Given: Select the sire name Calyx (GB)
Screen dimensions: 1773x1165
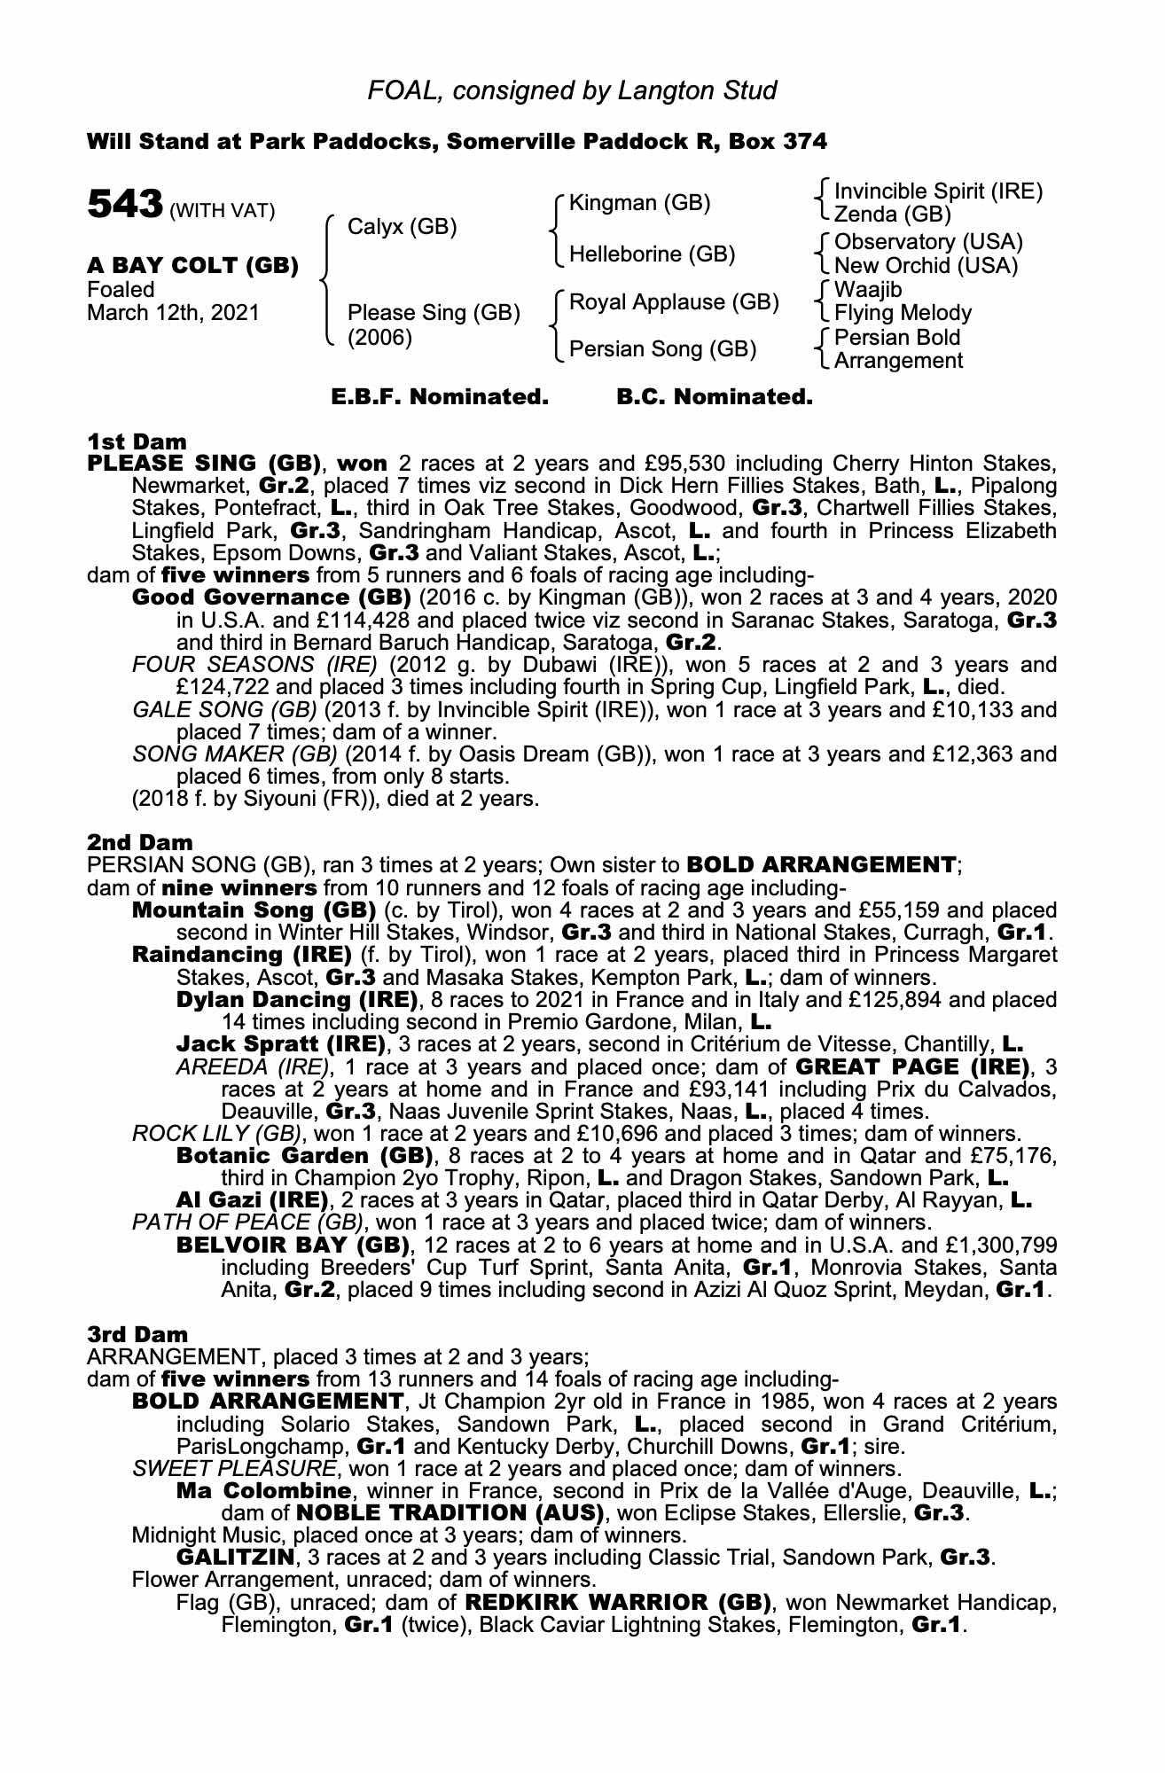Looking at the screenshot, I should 402,227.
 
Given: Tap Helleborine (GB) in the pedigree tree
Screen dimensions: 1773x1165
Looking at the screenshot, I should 652,254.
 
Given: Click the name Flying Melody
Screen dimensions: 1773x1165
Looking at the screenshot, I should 903,313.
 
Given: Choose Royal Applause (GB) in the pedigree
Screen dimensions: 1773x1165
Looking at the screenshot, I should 673,302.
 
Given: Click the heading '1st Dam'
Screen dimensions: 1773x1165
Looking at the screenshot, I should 137,441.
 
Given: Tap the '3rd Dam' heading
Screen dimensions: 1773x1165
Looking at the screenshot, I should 137,1334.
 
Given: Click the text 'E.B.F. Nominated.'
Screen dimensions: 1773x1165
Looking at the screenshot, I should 439,397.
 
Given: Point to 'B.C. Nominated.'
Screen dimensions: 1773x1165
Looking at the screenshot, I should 714,397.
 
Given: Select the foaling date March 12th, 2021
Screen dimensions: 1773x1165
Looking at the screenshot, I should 173,313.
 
